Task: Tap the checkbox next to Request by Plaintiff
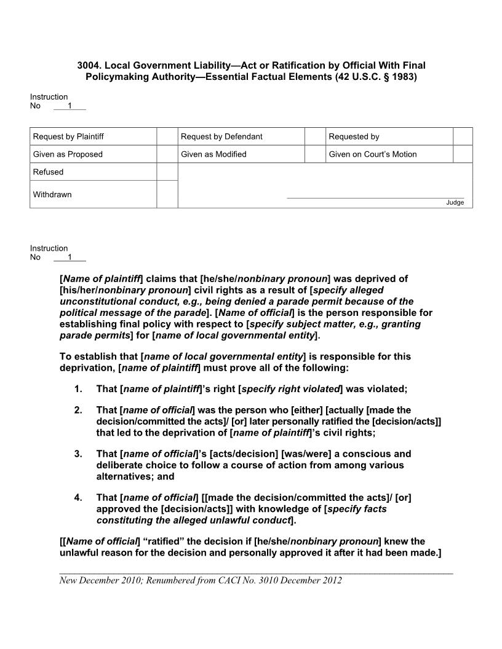click(167, 136)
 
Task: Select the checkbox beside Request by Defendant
click(315, 136)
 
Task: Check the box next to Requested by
click(463, 136)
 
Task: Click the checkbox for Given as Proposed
click(167, 154)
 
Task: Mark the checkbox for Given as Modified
click(315, 154)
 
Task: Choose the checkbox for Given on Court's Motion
click(463, 154)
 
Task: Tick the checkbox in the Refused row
click(167, 172)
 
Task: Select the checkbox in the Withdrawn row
click(167, 194)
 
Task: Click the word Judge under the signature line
click(455, 203)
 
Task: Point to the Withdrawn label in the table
click(52, 195)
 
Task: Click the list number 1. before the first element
click(78, 389)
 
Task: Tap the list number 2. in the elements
click(78, 411)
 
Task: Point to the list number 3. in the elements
click(78, 454)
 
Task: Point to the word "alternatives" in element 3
click(127, 476)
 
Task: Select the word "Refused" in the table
click(48, 172)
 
